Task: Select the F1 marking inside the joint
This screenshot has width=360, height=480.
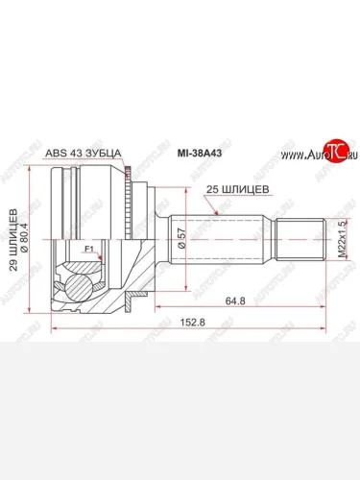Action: click(x=89, y=250)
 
